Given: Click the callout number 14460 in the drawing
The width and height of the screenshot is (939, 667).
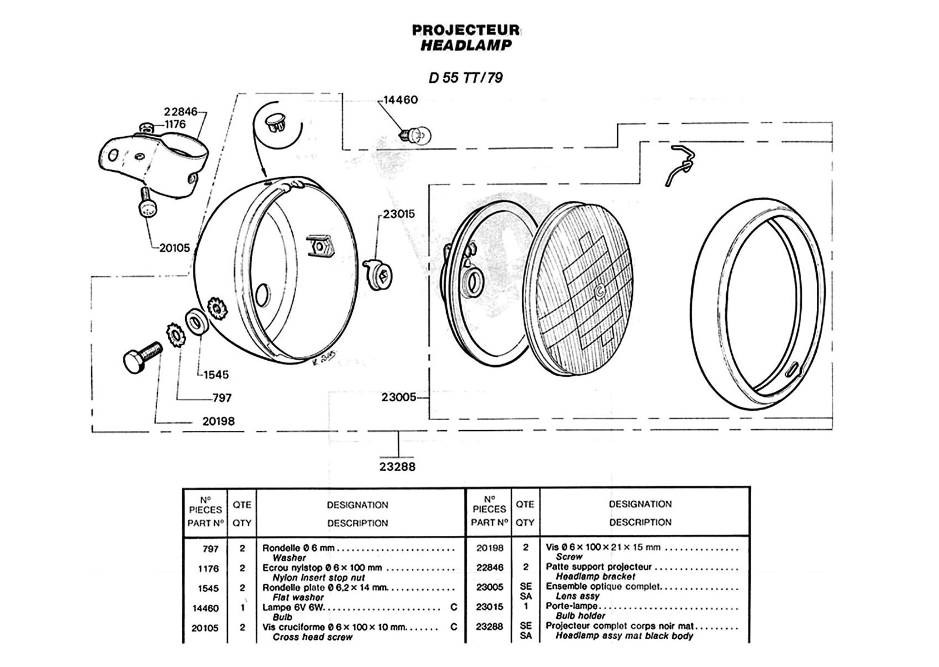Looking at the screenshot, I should click(401, 100).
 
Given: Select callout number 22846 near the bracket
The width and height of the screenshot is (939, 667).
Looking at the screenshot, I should click(181, 112).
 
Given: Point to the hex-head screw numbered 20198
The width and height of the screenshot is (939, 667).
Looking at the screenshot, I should click(141, 354).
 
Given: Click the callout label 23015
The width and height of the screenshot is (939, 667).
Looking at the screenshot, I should click(398, 214).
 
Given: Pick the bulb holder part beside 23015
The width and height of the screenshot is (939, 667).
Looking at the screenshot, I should click(379, 273).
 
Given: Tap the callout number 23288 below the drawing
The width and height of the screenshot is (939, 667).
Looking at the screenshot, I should click(397, 467).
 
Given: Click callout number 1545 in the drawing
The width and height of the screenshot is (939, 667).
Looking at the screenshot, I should click(216, 375).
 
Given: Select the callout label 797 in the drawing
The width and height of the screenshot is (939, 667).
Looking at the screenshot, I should click(222, 398).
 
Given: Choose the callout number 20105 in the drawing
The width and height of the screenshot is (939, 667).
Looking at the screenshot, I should click(174, 248).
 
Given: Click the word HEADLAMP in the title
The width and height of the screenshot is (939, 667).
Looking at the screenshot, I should click(466, 46).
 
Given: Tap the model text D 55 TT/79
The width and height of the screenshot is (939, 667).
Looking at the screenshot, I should click(466, 78).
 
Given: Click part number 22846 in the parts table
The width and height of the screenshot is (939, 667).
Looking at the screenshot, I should click(490, 568).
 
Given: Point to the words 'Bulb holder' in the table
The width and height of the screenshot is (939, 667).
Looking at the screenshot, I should click(580, 616).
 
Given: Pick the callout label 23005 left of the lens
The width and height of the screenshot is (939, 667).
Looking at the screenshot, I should click(398, 397).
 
